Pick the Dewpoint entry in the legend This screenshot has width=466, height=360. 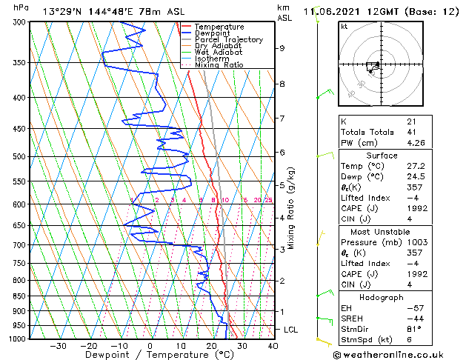click(x=219, y=33)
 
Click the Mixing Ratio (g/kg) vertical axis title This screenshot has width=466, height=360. click(x=292, y=207)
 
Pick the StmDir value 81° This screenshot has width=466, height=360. click(x=414, y=328)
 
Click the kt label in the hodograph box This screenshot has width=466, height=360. click(x=344, y=27)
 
